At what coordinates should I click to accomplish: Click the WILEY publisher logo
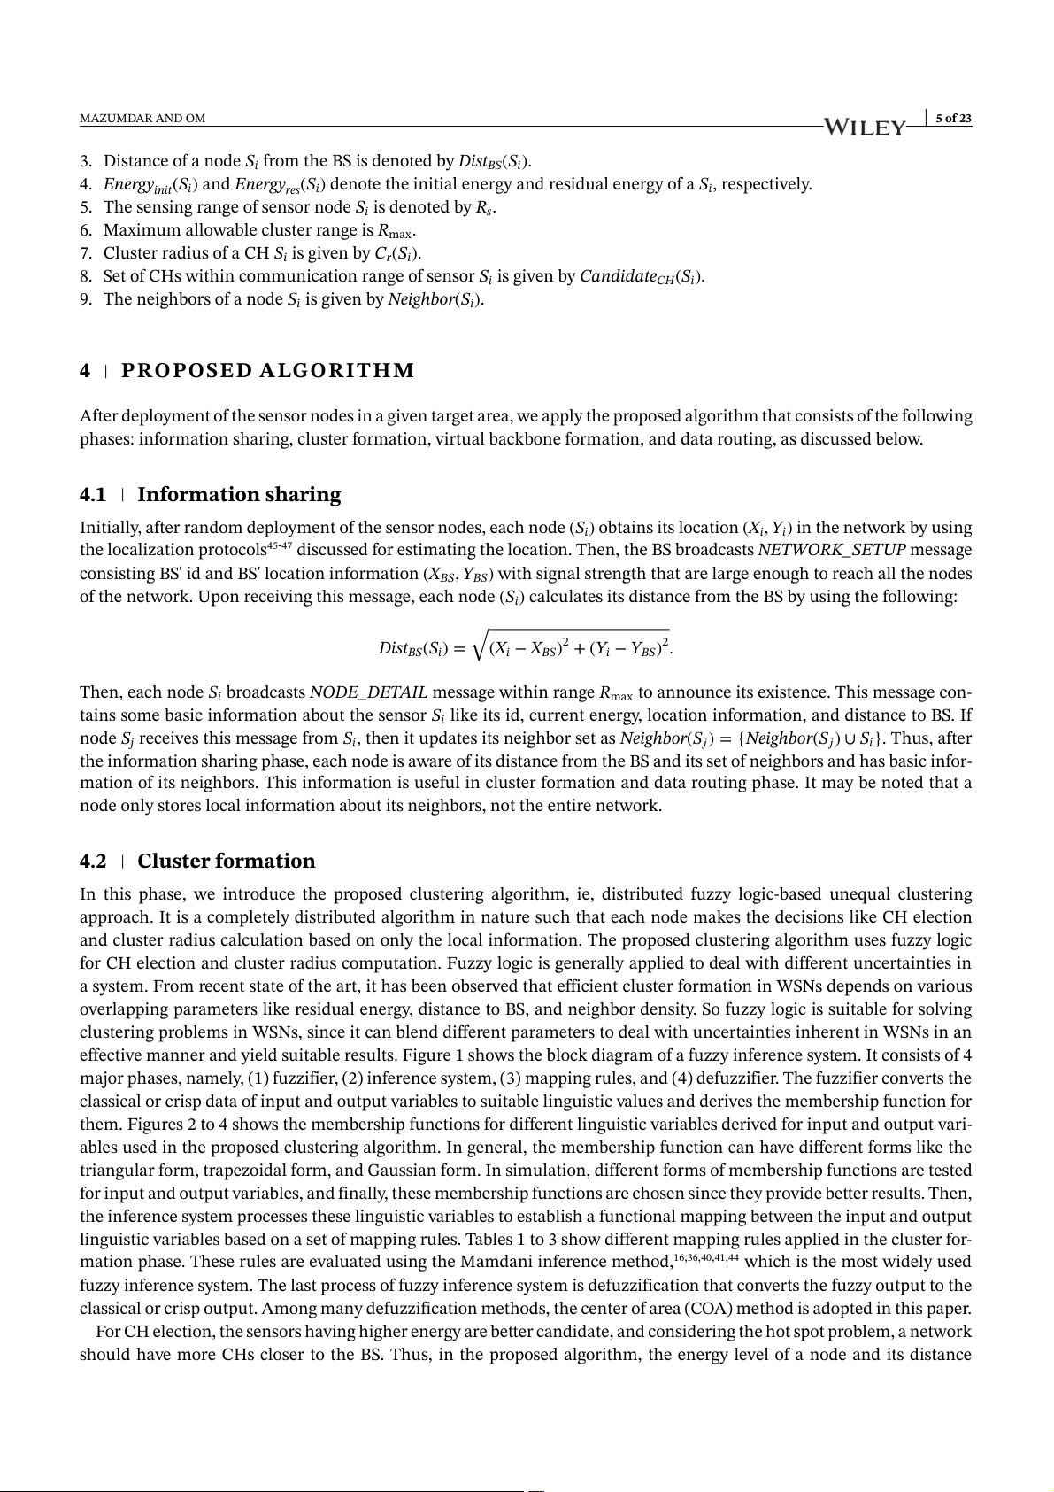[865, 128]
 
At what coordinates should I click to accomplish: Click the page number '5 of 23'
[953, 119]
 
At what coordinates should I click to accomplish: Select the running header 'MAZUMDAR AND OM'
[142, 119]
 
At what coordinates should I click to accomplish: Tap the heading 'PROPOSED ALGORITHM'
[267, 371]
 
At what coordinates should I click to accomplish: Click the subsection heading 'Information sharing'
[239, 494]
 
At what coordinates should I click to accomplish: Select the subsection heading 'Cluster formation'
[226, 861]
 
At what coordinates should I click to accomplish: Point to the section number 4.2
[93, 862]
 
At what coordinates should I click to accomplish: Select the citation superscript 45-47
[280, 545]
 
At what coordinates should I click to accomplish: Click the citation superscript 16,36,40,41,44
[706, 1257]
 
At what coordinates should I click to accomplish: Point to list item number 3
[86, 161]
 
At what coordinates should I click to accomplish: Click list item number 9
[86, 299]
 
